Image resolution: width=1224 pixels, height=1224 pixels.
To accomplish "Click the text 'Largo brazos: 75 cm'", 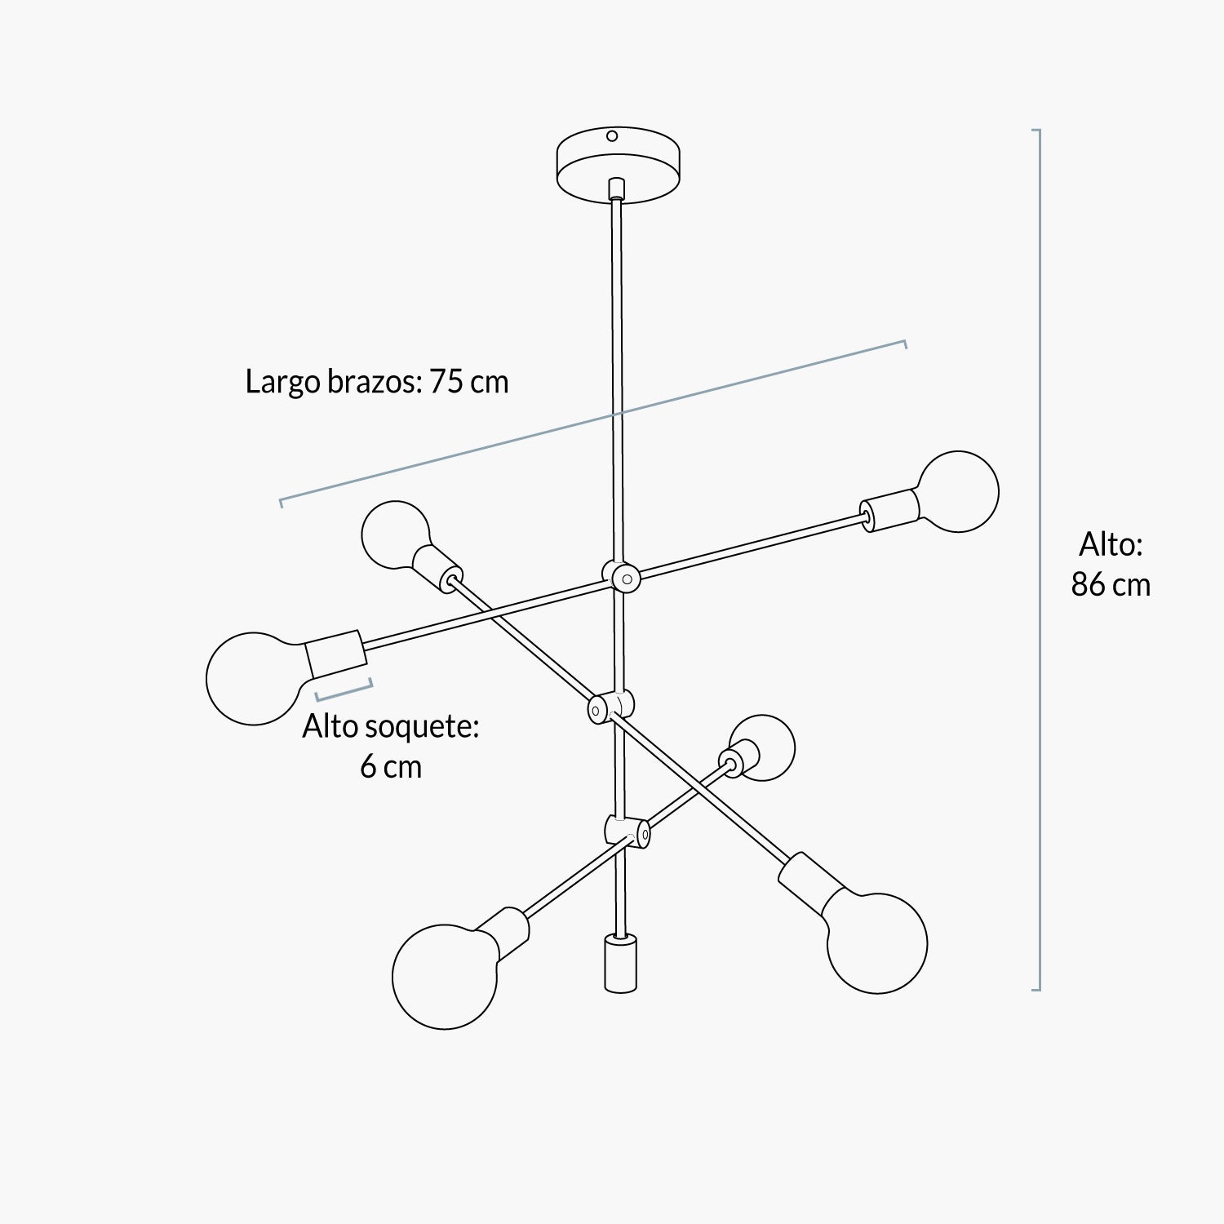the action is [377, 382].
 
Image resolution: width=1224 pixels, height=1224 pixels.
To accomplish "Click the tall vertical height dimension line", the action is [1037, 560].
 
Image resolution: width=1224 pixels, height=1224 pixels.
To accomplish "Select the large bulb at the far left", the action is [255, 677].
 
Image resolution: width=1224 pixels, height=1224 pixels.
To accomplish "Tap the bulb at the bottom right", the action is [876, 942].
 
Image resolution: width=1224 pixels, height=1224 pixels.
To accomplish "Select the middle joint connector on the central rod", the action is [610, 707].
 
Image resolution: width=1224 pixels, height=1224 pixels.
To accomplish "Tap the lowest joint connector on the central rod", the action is [628, 831].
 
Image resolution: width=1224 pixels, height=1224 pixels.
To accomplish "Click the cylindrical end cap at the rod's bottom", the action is [620, 964].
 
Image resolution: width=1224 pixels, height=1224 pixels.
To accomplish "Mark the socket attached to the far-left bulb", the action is [336, 655].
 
